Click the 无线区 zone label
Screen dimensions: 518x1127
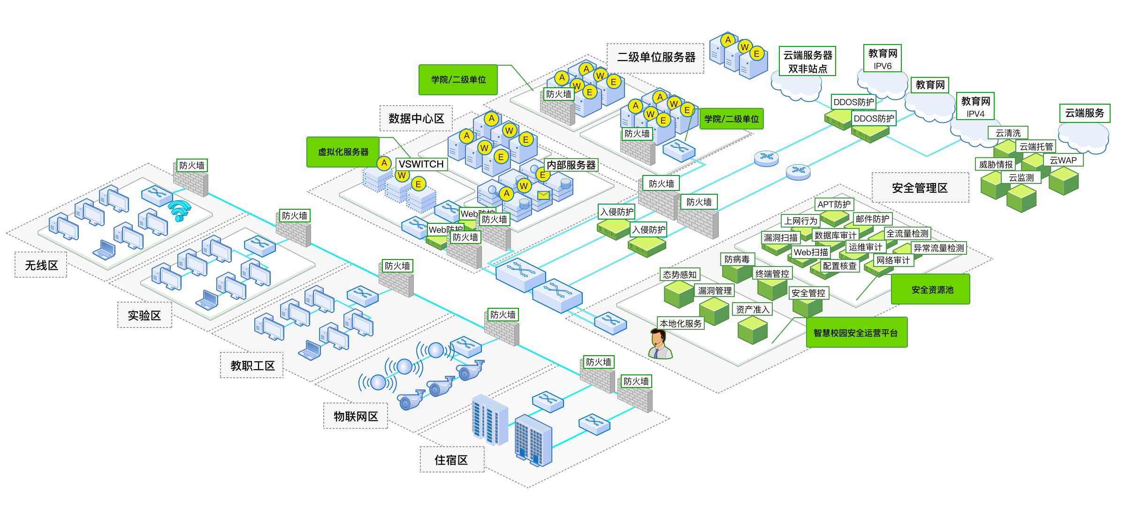coord(41,265)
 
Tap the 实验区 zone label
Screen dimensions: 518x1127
coord(144,315)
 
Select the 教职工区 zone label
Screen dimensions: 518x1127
coord(252,366)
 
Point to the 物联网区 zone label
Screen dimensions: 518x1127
coord(356,416)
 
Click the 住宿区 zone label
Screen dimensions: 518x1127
coord(451,460)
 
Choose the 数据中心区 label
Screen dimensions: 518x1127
coord(416,118)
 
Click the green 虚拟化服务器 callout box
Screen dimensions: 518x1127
coord(343,152)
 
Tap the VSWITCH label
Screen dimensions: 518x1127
coord(421,164)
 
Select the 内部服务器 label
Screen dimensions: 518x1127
coord(571,165)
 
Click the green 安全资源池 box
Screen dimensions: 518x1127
coord(932,290)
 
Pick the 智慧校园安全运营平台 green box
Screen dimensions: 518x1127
coord(856,333)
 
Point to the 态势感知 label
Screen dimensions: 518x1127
coord(680,274)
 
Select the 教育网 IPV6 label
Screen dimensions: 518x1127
coord(883,59)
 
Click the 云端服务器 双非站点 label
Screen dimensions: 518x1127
coord(807,61)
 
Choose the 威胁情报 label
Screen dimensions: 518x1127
coord(996,164)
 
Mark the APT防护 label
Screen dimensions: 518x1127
coord(834,204)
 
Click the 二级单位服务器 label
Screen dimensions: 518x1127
coord(656,58)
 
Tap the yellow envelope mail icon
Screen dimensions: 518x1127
coord(543,195)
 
